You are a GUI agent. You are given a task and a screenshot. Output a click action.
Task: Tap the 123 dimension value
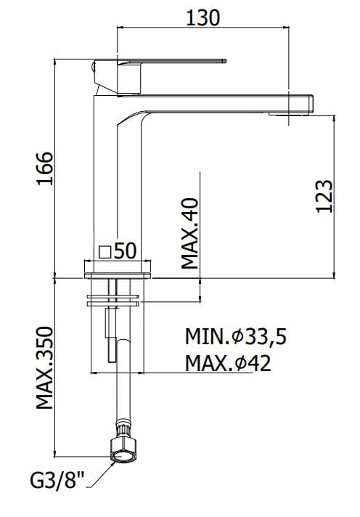click(x=324, y=196)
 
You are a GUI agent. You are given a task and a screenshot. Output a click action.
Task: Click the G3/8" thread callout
click(x=57, y=480)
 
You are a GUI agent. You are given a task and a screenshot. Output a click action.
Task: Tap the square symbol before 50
click(x=105, y=252)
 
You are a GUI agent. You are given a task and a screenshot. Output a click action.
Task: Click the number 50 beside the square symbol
click(x=126, y=251)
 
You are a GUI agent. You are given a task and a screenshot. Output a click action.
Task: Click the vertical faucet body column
click(x=106, y=182)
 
